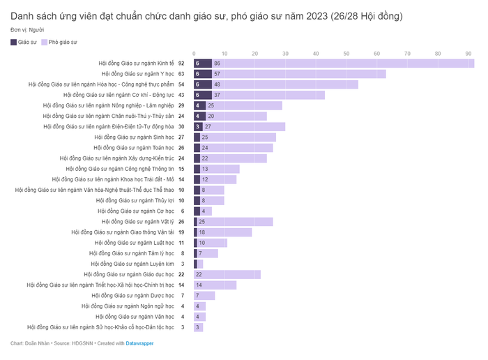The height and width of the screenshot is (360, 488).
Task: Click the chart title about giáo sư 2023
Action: (x=206, y=15)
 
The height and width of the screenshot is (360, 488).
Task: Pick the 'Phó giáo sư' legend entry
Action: (x=60, y=43)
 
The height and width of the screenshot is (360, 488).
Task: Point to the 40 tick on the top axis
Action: (x=316, y=54)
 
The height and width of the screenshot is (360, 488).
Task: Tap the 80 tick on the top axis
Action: (x=439, y=54)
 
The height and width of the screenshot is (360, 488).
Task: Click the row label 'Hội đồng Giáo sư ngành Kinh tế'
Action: (x=137, y=63)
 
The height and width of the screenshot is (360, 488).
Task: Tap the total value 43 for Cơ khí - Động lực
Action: (x=181, y=95)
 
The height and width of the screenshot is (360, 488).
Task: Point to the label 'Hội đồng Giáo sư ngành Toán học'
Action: (x=134, y=147)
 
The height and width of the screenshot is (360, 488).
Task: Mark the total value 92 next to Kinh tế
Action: (x=181, y=63)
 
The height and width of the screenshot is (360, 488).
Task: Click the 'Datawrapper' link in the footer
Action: (x=139, y=343)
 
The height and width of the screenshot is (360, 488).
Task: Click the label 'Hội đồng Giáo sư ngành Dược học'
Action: (x=133, y=295)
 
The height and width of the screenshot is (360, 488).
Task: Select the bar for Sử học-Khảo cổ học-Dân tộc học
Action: (x=198, y=327)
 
